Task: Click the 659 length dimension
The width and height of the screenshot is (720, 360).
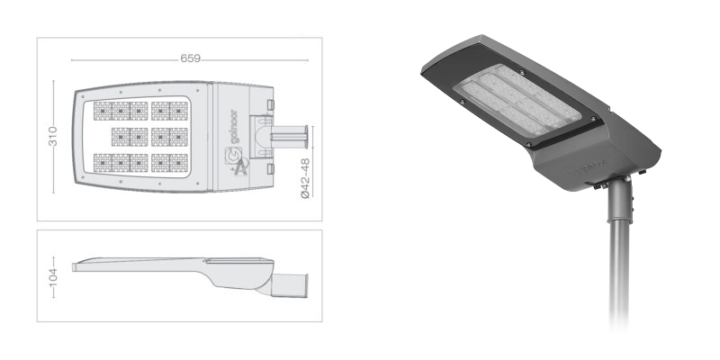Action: [x=190, y=58]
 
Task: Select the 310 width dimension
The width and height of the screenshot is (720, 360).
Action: [x=53, y=137]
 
